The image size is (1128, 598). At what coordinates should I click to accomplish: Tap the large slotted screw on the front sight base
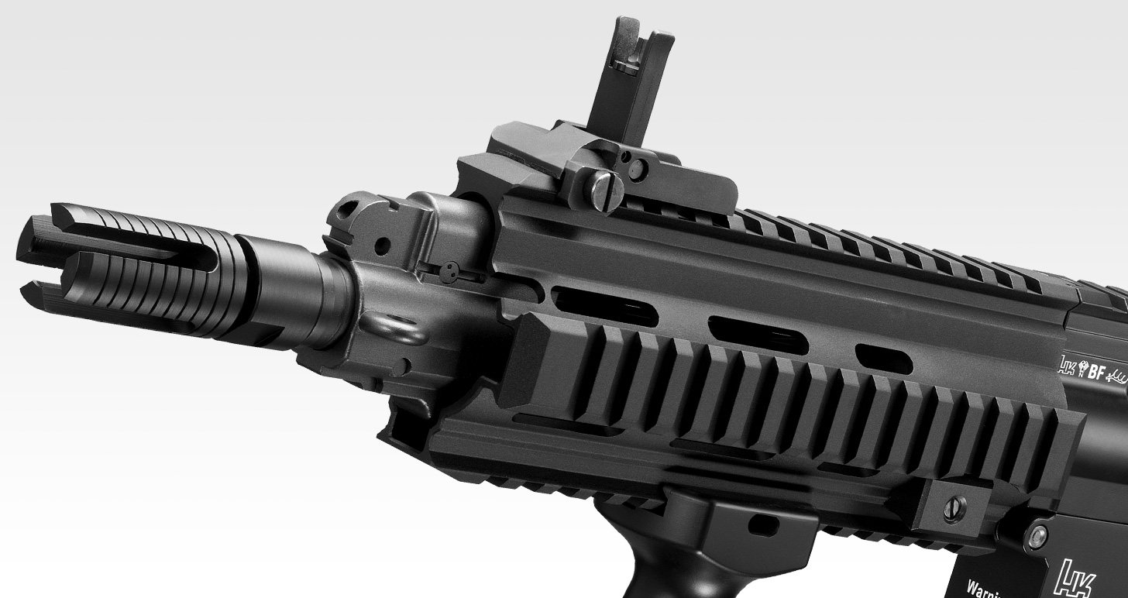click(x=604, y=189)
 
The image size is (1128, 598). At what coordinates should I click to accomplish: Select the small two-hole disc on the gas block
click(x=448, y=272)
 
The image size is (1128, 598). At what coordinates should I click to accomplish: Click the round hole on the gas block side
click(x=382, y=246)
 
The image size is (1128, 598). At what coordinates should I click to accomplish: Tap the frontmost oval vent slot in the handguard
click(x=604, y=306)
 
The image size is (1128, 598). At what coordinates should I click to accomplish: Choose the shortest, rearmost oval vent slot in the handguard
click(x=883, y=359)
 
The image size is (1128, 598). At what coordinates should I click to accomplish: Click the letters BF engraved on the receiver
click(x=1095, y=373)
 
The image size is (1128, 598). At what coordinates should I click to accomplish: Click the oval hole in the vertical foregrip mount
click(x=764, y=525)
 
